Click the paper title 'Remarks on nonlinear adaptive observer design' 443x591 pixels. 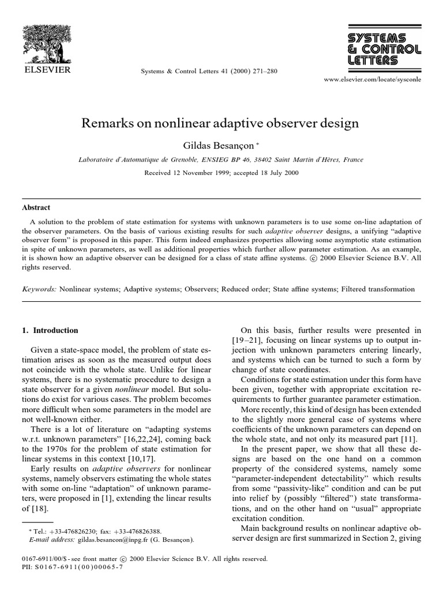pos(221,123)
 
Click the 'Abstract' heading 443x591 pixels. pos(36,208)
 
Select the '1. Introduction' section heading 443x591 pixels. pos(49,331)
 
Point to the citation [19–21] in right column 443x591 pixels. pos(246,341)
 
